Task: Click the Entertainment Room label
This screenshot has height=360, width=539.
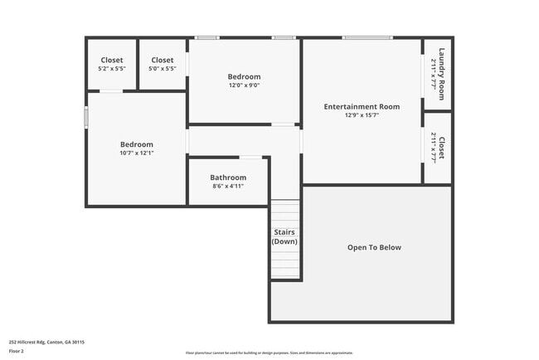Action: pyautogui.click(x=362, y=106)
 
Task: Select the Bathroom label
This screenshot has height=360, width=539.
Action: pyautogui.click(x=228, y=178)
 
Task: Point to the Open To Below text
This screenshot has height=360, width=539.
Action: pyautogui.click(x=374, y=247)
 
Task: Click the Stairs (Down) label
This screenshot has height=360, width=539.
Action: pyautogui.click(x=284, y=236)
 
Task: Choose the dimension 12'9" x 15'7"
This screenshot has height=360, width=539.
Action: pyautogui.click(x=362, y=115)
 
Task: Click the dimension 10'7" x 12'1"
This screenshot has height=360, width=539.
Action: pyautogui.click(x=137, y=153)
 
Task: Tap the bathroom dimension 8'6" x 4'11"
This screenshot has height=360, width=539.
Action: pyautogui.click(x=228, y=187)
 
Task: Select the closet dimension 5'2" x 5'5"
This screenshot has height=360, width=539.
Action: pyautogui.click(x=112, y=69)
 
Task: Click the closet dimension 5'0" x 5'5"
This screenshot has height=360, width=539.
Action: pyautogui.click(x=163, y=69)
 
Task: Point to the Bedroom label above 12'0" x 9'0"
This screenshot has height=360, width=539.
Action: pyautogui.click(x=245, y=76)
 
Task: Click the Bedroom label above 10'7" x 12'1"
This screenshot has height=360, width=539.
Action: pyautogui.click(x=137, y=144)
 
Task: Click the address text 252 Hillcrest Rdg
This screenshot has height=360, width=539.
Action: pyautogui.click(x=46, y=341)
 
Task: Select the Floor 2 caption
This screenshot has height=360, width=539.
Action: pyautogui.click(x=17, y=351)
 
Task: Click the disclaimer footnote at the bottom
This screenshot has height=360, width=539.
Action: pyautogui.click(x=269, y=353)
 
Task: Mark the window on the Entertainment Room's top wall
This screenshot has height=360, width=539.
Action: pyautogui.click(x=367, y=37)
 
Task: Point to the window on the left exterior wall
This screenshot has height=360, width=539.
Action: pyautogui.click(x=86, y=116)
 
